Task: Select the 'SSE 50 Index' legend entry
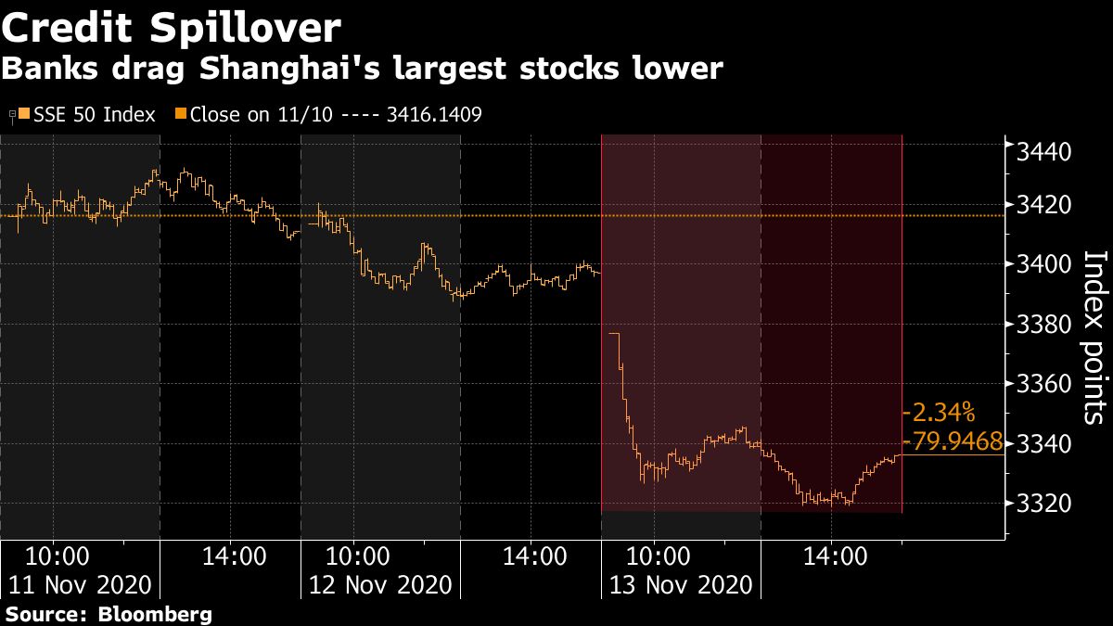click(x=88, y=115)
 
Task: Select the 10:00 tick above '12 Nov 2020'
click(x=357, y=556)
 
